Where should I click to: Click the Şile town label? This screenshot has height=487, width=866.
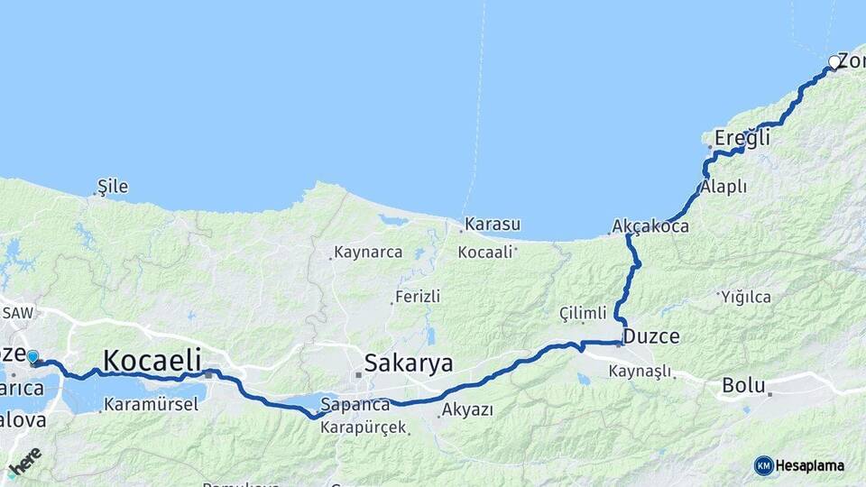[113, 187]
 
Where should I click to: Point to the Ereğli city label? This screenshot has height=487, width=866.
[742, 138]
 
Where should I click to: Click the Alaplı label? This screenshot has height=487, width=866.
[723, 187]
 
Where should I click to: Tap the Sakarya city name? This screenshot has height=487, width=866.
[408, 363]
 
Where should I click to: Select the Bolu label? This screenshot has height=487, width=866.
[743, 386]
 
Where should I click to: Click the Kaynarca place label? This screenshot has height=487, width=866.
[368, 253]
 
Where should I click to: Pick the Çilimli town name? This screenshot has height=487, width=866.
[583, 313]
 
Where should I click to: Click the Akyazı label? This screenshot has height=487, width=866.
[467, 410]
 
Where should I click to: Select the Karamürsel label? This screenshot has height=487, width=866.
[151, 404]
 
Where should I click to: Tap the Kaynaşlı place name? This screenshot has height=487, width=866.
[640, 371]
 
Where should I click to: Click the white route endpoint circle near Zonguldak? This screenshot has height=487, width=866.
[834, 62]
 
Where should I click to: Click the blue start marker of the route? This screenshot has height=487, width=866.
[32, 357]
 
